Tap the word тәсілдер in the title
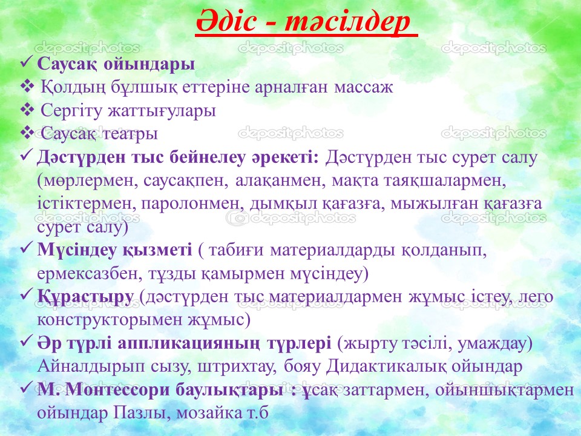point(347,22)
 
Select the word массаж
point(363,87)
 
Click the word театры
point(130,134)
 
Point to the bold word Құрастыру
point(85,297)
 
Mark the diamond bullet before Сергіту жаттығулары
point(27,110)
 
